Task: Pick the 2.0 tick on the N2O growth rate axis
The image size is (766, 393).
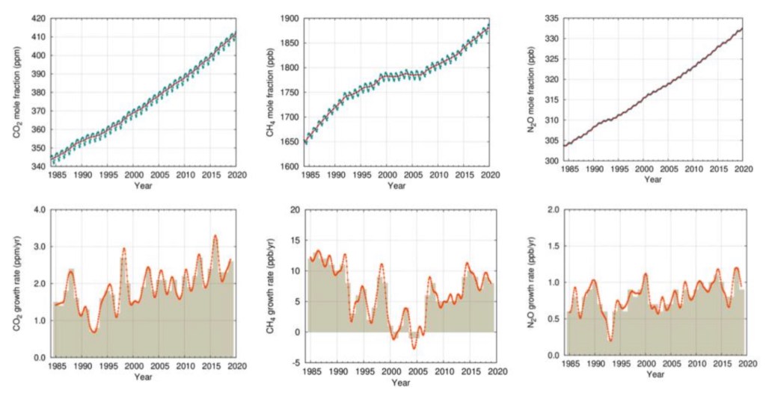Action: pyautogui.click(x=554, y=210)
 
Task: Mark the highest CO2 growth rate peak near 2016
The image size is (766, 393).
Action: pyautogui.click(x=215, y=236)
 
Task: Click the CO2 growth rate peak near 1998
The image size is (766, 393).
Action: pyautogui.click(x=124, y=248)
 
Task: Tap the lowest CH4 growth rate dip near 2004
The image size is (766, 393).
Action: pyautogui.click(x=414, y=349)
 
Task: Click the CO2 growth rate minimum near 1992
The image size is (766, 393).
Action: pyautogui.click(x=94, y=332)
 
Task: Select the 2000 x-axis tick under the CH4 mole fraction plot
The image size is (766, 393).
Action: pyautogui.click(x=387, y=175)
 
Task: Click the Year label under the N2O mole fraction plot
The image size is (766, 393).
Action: pyautogui.click(x=653, y=180)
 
